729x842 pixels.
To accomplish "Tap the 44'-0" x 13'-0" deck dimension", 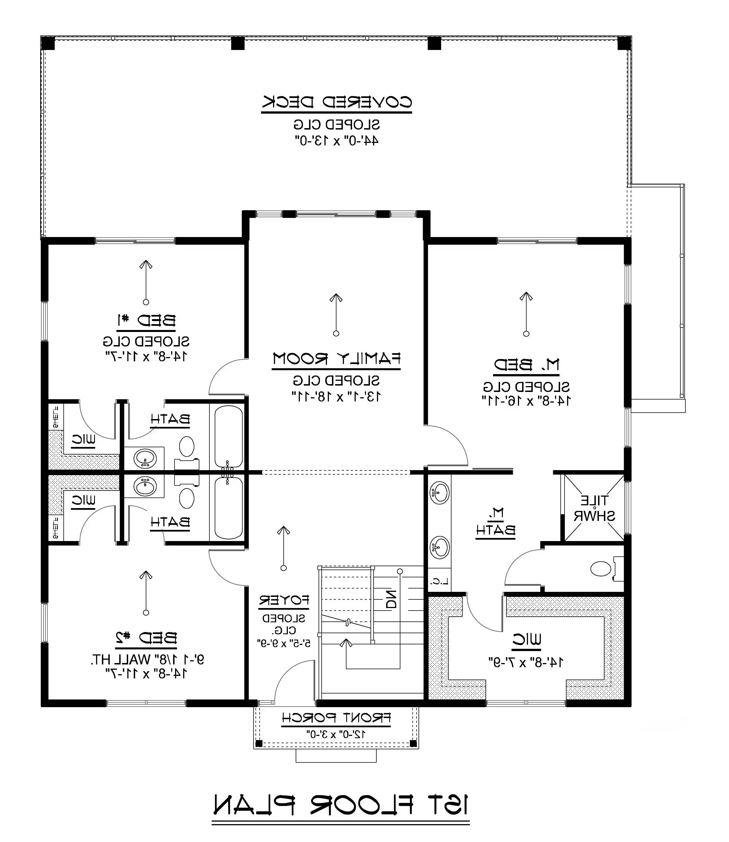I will point(336,141).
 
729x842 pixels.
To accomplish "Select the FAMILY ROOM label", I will point(336,359).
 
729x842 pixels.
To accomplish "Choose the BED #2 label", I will point(146,637).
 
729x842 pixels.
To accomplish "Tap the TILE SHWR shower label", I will point(594,508).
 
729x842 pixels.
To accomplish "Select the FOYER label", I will point(284,601).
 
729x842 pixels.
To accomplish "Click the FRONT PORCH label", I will point(336,718).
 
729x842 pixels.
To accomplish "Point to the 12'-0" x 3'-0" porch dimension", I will point(336,734).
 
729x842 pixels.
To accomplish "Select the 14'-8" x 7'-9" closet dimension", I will point(526,662).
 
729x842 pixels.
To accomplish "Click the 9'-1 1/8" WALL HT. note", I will point(147,659).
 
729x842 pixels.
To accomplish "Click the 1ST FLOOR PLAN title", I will point(341,805).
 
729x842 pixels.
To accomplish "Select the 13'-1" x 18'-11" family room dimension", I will point(336,396).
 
